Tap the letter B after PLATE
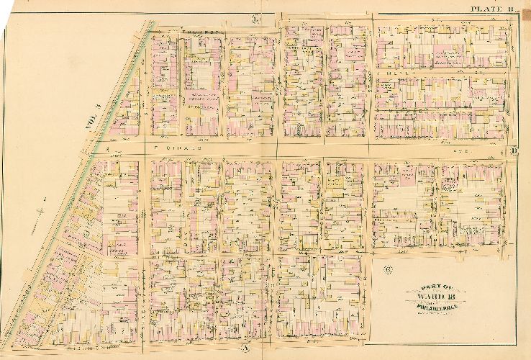pos(509,9)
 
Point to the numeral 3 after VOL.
pos(99,107)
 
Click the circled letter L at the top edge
pos(256,17)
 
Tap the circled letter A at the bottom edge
pos(244,348)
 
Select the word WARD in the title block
pos(434,297)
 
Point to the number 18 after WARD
pos(453,297)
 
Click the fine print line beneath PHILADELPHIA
pos(439,312)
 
